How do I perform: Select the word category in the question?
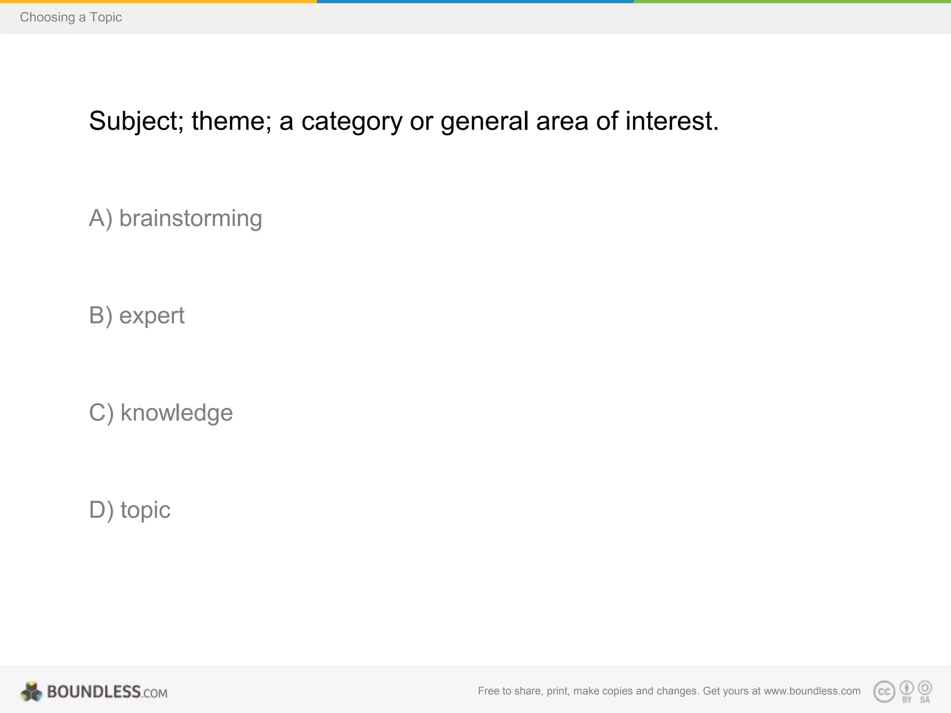click(x=352, y=122)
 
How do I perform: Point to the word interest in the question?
click(x=671, y=122)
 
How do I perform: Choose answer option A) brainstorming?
click(x=176, y=218)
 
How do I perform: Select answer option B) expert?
click(x=137, y=316)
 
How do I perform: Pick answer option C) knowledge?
click(x=161, y=413)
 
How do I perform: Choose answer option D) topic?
click(x=130, y=510)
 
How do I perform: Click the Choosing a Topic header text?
click(x=71, y=17)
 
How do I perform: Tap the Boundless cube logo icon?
click(x=32, y=692)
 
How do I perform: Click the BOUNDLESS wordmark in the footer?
click(x=94, y=692)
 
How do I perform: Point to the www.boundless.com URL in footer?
click(x=812, y=691)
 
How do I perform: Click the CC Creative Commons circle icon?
click(x=884, y=692)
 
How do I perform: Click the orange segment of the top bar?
click(x=158, y=1)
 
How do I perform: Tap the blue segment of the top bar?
click(x=475, y=1)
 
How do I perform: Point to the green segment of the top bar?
click(x=792, y=1)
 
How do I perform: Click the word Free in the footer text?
click(x=488, y=691)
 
